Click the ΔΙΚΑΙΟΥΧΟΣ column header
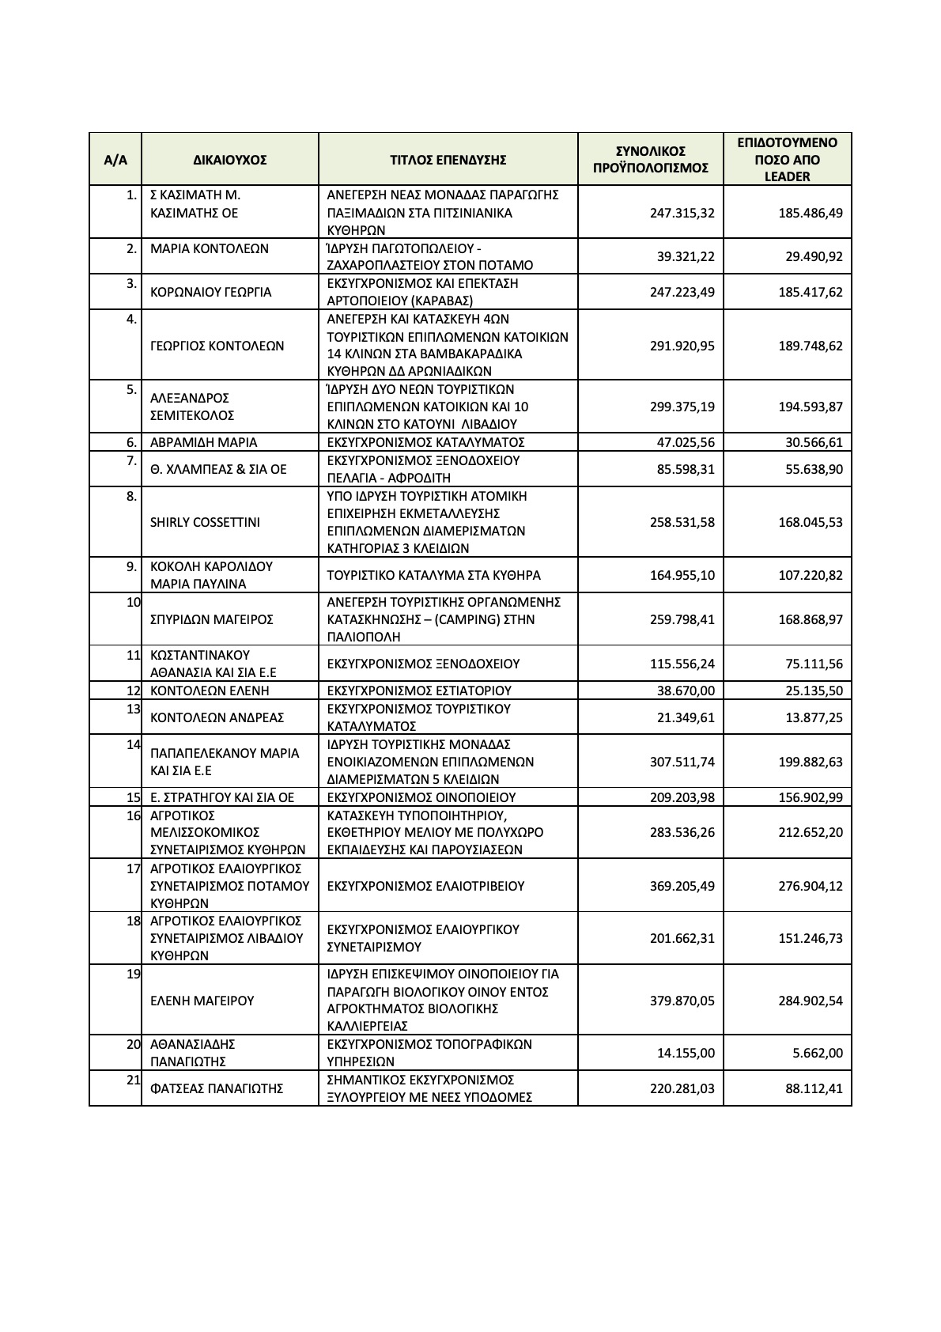coord(229,160)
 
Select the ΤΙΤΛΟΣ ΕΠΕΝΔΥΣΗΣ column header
coord(448,160)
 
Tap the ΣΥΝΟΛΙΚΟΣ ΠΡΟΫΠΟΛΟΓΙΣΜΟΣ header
coord(650,160)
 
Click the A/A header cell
coord(115,160)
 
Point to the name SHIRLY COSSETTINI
coord(205,523)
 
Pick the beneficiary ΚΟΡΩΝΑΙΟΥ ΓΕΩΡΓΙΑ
coord(210,293)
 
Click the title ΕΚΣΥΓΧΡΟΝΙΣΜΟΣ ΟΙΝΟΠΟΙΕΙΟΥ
coord(421,797)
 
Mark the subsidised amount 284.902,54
coord(811,1001)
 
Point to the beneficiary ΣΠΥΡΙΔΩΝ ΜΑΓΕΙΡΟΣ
coord(211,619)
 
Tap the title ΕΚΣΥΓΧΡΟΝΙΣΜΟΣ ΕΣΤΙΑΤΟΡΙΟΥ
coord(419,691)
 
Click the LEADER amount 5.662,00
coord(817,1054)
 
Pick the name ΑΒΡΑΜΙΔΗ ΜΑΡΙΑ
coord(203,442)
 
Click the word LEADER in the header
coord(787,177)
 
